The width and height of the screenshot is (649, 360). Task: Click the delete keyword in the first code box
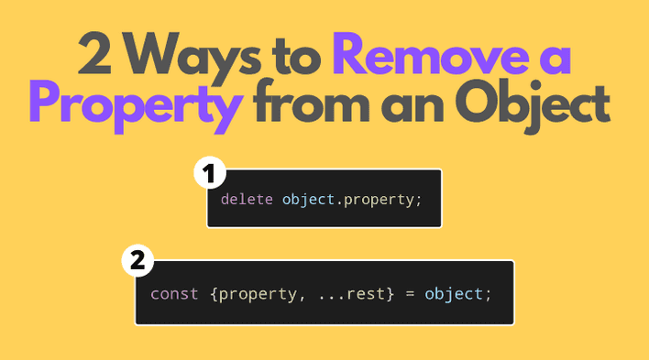tap(247, 198)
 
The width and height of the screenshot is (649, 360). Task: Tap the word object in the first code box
tap(310, 198)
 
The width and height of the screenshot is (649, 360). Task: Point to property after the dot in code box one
tap(380, 198)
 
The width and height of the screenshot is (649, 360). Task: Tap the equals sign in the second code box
tap(403, 294)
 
